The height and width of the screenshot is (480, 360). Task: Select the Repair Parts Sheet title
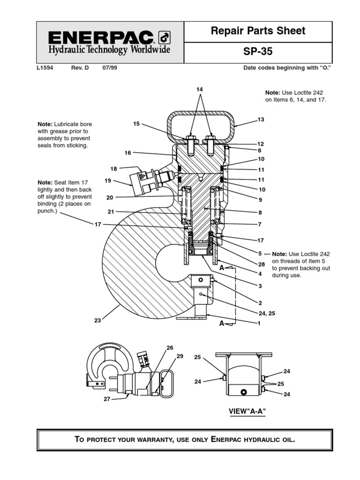(258, 31)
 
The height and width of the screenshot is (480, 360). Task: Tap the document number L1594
(45, 68)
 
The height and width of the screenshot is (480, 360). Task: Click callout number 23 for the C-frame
(97, 321)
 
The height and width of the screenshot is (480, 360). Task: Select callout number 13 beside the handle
(261, 120)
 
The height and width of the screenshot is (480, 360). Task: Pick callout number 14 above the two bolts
(200, 89)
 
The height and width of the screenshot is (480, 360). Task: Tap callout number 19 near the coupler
(108, 180)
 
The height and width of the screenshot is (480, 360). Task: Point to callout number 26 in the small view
(170, 348)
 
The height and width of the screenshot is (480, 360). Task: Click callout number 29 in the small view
(180, 357)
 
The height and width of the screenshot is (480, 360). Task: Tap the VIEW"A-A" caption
(244, 411)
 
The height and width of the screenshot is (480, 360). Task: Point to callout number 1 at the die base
(259, 323)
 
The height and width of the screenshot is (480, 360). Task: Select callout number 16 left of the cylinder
(127, 153)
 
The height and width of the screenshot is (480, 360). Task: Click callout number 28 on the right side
(261, 264)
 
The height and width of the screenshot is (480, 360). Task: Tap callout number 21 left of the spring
(111, 211)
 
